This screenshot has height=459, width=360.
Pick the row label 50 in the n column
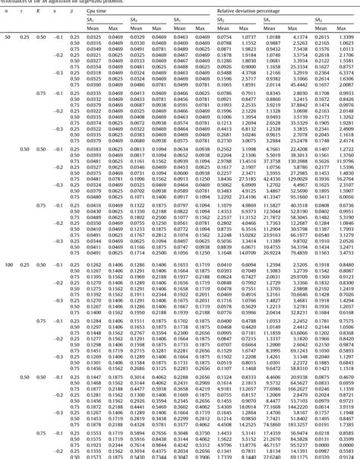[8, 36]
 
